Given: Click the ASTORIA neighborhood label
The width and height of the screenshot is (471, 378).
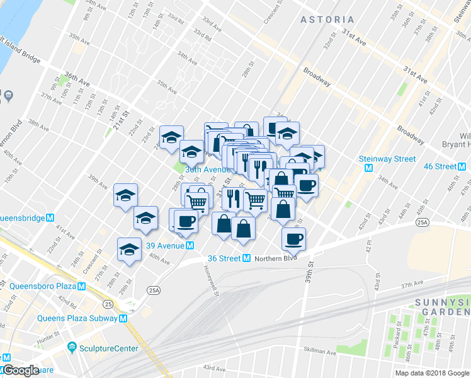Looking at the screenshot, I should click(327, 20).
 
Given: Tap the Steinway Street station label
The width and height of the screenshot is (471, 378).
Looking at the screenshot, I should click(388, 159).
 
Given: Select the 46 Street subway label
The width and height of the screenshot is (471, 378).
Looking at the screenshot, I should click(440, 166).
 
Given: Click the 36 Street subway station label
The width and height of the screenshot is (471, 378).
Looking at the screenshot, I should click(225, 258).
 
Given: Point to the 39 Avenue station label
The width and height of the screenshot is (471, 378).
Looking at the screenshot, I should click(165, 245).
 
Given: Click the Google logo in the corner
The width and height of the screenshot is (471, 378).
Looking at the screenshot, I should click(21, 370).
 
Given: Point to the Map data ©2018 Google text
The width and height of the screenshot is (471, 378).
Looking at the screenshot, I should click(431, 373).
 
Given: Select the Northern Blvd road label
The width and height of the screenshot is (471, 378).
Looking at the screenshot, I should click(276, 258).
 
